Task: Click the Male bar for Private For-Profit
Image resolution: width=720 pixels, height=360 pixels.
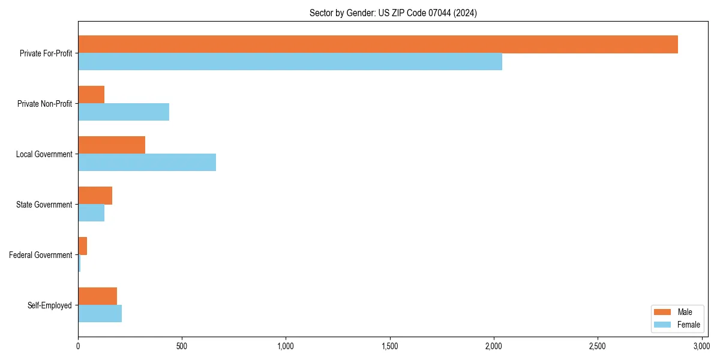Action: point(378,44)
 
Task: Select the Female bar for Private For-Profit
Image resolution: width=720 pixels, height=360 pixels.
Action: point(290,62)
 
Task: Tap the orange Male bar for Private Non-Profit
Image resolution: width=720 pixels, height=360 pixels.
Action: point(91,95)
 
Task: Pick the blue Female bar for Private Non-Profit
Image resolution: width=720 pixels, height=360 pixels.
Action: point(124,112)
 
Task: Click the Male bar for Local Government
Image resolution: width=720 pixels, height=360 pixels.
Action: point(112,145)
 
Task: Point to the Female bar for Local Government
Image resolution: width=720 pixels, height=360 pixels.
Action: point(147,163)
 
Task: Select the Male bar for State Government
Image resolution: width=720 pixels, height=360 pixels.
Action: point(95,196)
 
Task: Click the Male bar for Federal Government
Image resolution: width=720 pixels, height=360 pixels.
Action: point(83,246)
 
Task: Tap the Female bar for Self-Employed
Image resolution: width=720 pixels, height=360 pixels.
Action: point(100,314)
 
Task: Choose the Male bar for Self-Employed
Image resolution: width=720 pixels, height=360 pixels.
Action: point(97,296)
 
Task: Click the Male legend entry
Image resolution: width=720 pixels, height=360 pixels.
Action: point(676,312)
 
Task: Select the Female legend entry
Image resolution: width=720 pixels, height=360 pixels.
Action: point(676,325)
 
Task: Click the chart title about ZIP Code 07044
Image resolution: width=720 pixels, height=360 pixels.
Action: point(393,13)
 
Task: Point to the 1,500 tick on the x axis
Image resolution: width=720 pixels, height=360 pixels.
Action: point(389,346)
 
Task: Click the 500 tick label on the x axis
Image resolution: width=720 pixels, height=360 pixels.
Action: point(182,346)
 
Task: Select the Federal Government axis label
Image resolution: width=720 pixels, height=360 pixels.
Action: point(40,255)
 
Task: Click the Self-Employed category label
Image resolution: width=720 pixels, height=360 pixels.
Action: point(49,305)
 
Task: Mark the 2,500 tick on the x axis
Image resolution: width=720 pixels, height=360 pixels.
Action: point(597,346)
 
